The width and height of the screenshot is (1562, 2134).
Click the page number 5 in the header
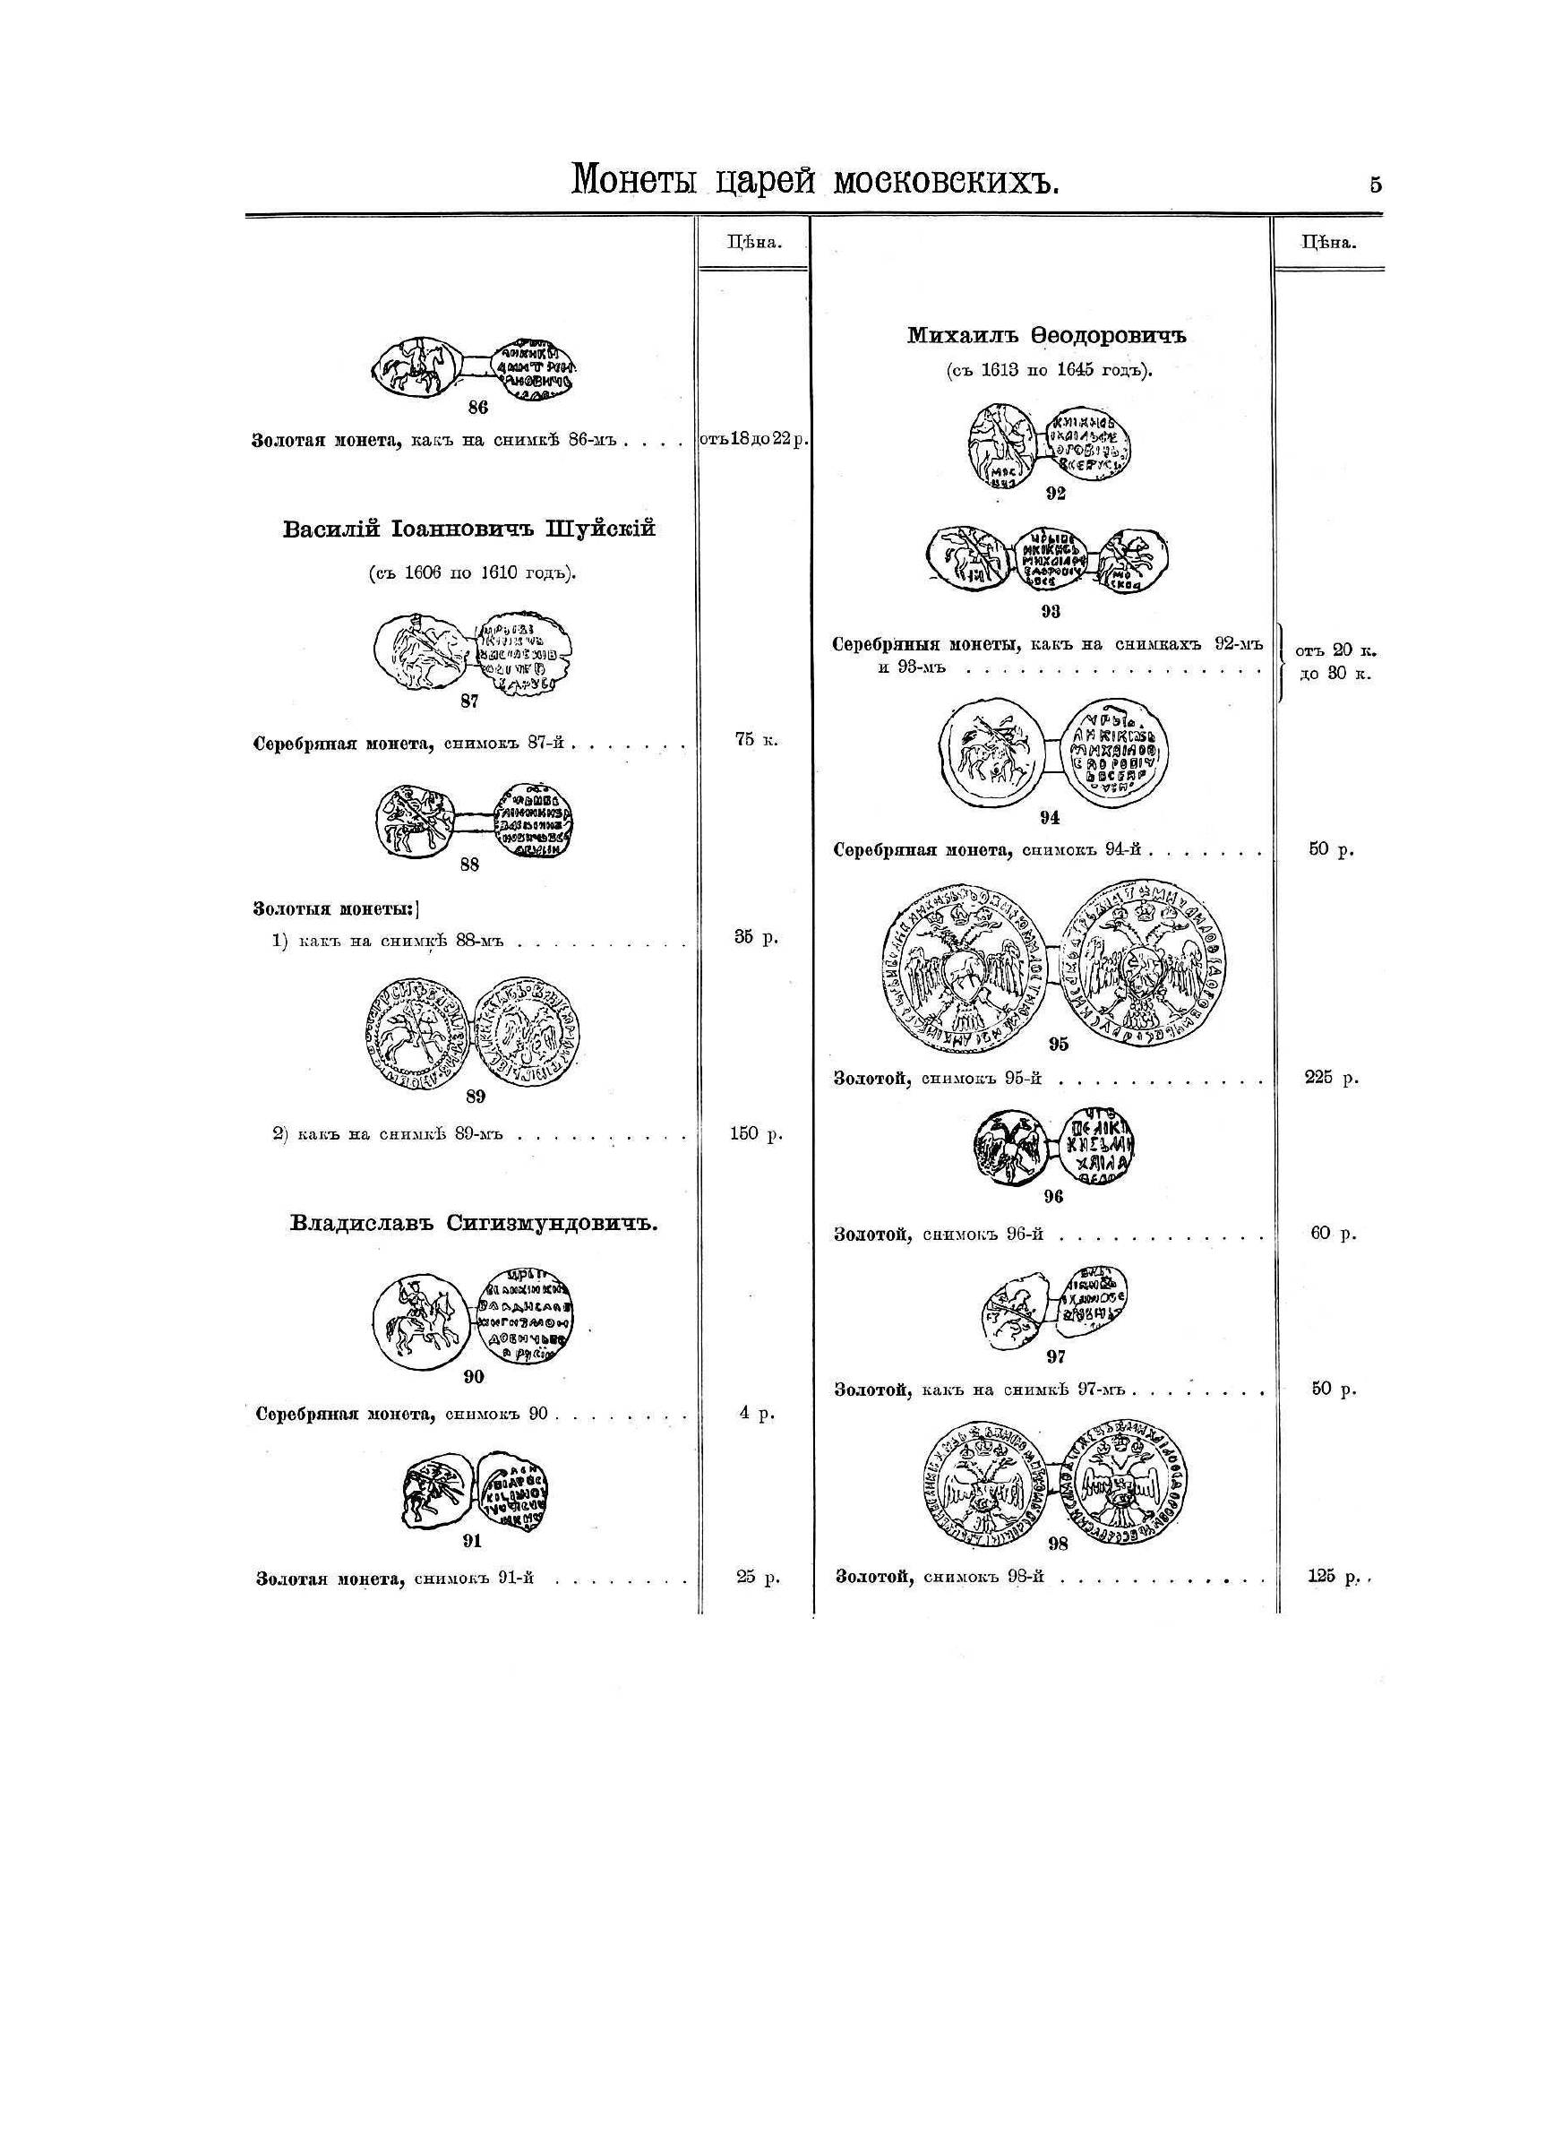1375,185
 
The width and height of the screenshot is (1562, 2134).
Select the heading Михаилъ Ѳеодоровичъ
1046,336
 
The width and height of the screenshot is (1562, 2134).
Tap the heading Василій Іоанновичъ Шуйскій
469,529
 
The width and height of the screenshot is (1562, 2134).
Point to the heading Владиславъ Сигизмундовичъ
473,1224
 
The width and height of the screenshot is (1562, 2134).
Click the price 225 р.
1331,1077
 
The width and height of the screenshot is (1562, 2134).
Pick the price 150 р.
757,1133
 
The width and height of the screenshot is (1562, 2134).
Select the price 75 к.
757,740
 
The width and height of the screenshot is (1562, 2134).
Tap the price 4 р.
757,1414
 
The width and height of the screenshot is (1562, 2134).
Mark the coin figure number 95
1058,1044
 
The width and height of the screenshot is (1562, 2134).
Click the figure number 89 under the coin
475,1097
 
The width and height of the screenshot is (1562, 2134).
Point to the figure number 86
477,409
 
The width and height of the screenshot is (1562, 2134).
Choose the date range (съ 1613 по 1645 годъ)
1049,371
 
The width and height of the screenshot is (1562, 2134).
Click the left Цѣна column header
753,241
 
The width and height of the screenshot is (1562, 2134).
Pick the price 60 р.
1334,1234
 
